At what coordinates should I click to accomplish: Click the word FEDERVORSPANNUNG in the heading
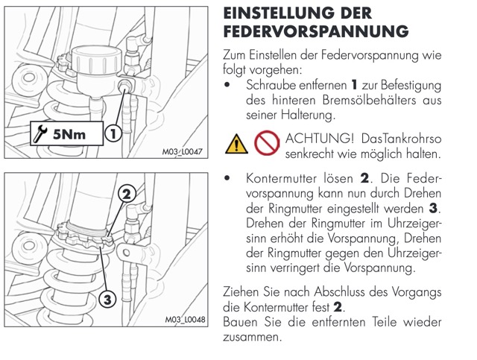click(316, 31)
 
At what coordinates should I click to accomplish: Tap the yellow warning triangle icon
click(236, 144)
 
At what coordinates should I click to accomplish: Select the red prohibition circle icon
click(267, 142)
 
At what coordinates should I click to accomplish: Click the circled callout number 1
click(113, 133)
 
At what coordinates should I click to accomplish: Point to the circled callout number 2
click(127, 194)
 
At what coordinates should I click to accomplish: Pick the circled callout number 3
click(107, 300)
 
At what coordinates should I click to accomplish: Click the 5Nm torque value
click(69, 134)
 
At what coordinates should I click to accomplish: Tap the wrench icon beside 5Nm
click(40, 134)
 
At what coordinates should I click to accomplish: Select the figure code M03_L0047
click(182, 151)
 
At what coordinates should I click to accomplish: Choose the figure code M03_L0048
click(186, 319)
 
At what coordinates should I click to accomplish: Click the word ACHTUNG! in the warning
click(319, 139)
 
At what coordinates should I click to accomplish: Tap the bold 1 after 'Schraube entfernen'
click(354, 85)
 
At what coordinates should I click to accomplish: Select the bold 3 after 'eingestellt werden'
click(432, 209)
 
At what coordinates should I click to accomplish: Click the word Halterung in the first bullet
click(307, 116)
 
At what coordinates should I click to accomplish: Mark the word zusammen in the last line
click(250, 338)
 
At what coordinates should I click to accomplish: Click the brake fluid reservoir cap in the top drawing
click(96, 60)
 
